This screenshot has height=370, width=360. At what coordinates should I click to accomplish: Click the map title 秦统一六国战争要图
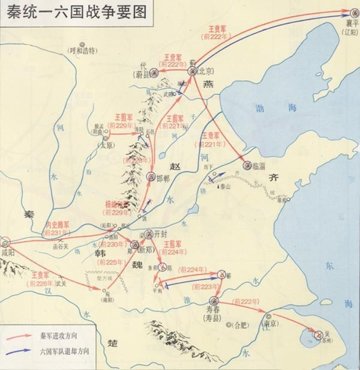(x=74, y=12)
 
